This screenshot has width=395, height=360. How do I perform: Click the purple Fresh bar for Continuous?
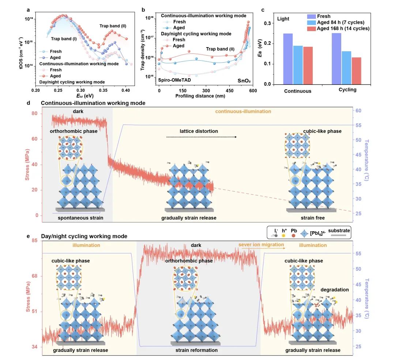coord(288,59)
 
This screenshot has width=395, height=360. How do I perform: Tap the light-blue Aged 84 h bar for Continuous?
coord(298,65)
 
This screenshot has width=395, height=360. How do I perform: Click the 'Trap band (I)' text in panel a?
coord(64,39)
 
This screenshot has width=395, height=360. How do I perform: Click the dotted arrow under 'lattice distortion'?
coord(202,137)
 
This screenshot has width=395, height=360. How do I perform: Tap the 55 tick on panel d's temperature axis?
coord(359,125)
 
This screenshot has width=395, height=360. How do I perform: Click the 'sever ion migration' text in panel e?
coord(261,245)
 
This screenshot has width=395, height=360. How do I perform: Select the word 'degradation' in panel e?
coord(334,289)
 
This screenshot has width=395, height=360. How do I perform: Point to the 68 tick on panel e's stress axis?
coord(35,276)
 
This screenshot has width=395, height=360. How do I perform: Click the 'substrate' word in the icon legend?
coord(339,230)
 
